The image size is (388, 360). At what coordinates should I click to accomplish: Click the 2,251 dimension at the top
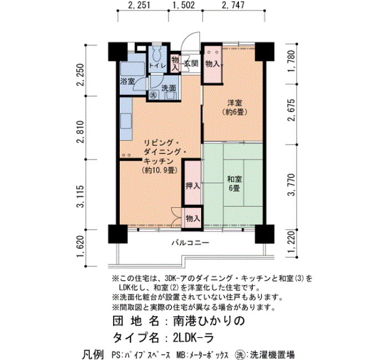click(x=139, y=5)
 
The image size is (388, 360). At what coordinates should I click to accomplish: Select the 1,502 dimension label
click(x=184, y=5)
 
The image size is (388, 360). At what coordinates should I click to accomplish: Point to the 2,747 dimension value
click(x=233, y=5)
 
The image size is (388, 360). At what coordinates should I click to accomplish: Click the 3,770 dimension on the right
click(x=292, y=184)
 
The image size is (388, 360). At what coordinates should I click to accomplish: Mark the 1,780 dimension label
click(x=292, y=61)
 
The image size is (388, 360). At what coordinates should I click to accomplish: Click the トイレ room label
click(x=157, y=65)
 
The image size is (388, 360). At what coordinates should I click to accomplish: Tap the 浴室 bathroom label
click(x=127, y=81)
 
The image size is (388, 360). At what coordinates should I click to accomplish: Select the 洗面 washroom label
click(x=169, y=88)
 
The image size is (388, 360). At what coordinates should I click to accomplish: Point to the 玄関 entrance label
click(x=191, y=63)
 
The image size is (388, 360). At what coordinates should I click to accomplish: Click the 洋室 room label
click(x=234, y=102)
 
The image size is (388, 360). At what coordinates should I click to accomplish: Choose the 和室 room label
click(x=234, y=179)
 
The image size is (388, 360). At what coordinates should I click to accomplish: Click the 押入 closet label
click(x=193, y=186)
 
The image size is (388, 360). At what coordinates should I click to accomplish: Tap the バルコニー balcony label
click(x=191, y=243)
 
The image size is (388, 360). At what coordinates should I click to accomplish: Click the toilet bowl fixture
click(x=156, y=54)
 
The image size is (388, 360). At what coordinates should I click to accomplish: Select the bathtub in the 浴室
click(x=132, y=69)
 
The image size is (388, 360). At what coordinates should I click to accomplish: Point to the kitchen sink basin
click(x=126, y=121)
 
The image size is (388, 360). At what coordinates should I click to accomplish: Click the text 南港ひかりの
click(x=208, y=321)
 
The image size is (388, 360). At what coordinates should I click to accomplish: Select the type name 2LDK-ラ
click(x=193, y=338)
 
